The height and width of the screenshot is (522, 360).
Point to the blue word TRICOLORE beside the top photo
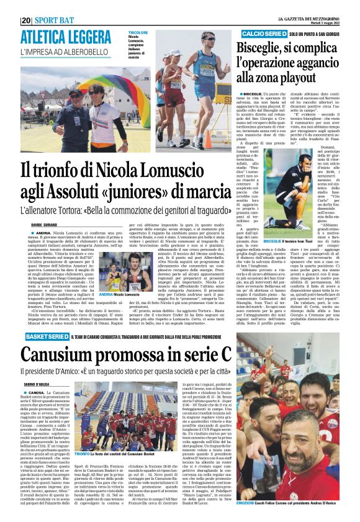point(138,31)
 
